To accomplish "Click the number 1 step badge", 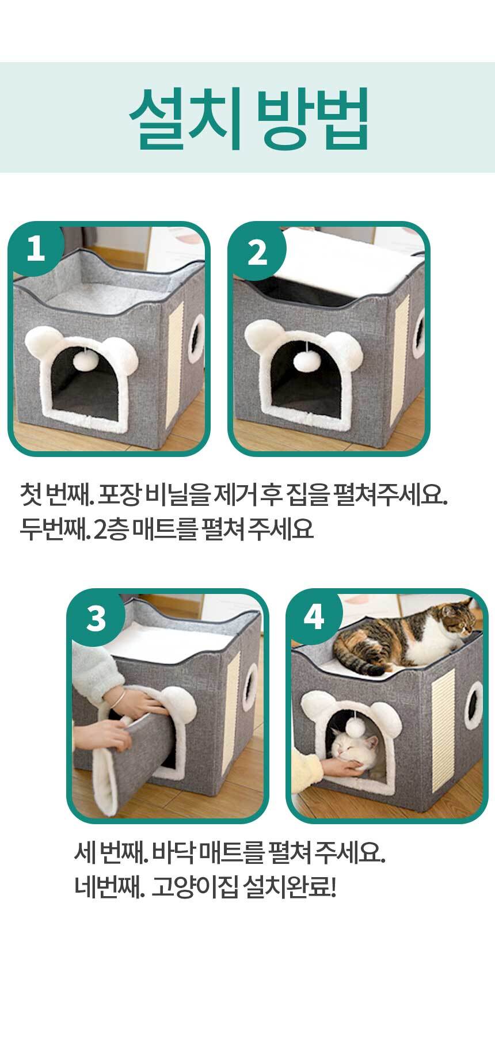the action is (x=36, y=250).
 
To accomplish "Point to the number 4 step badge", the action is (x=314, y=618).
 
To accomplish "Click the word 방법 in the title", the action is (x=311, y=118).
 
